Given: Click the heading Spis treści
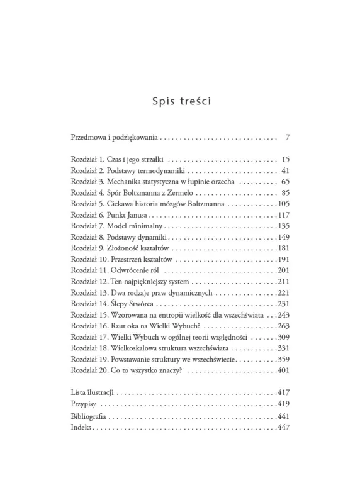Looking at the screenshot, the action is click(180, 101).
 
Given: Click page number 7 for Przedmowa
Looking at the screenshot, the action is click(286, 136).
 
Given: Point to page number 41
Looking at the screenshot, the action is click(284, 171).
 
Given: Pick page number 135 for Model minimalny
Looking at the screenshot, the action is click(283, 226).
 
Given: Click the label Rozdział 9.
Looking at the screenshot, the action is click(87, 248).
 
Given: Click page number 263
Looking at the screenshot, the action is click(283, 326).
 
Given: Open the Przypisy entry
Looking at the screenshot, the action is click(84, 404).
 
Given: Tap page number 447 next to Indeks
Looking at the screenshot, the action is click(283, 427).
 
